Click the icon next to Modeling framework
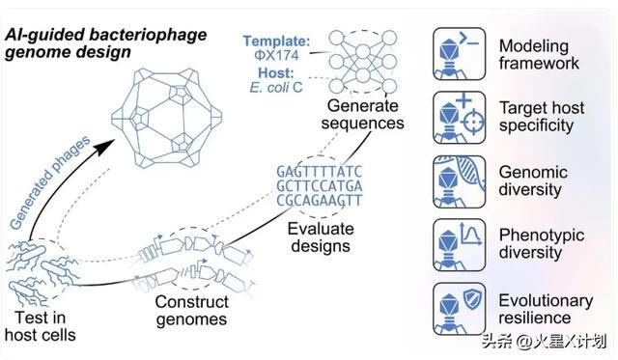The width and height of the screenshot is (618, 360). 460,54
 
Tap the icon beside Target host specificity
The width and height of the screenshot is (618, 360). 460,118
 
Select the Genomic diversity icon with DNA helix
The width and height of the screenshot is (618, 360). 460,181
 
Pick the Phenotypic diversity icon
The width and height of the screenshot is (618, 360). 460,245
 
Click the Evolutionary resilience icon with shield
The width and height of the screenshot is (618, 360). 460,309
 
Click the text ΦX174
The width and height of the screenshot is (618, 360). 276,55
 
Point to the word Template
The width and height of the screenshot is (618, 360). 276,41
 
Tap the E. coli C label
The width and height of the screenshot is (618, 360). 276,87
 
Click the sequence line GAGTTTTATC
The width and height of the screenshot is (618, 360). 319,172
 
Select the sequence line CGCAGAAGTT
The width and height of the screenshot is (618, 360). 319,200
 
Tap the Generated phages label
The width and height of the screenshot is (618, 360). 49,182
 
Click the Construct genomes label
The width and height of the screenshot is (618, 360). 191,311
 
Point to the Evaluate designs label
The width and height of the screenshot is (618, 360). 321,237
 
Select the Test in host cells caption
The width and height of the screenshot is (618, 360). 41,326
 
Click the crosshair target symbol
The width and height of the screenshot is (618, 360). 472,123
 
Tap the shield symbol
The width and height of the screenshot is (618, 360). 471,299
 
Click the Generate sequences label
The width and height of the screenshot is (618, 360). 363,114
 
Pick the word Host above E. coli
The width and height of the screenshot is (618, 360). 276,72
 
